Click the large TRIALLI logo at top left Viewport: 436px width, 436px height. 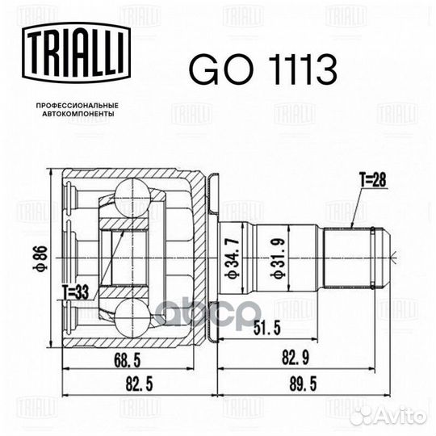click(76, 52)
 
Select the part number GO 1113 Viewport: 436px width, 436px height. click(262, 69)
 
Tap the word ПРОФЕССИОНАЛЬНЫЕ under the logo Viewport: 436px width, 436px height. click(78, 106)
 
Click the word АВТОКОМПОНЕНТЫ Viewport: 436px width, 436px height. click(78, 114)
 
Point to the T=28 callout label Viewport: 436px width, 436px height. click(372, 179)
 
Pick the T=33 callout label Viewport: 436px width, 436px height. click(75, 292)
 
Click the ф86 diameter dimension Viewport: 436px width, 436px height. click(43, 258)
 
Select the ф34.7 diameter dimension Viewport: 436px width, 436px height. click(231, 258)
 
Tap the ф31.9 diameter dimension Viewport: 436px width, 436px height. click(279, 259)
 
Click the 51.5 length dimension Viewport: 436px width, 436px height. click(267, 328)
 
